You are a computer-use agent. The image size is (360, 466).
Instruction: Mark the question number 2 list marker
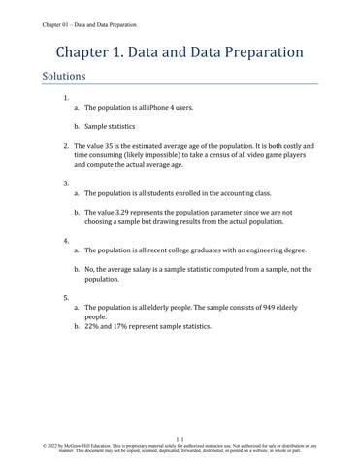tap(65, 146)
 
